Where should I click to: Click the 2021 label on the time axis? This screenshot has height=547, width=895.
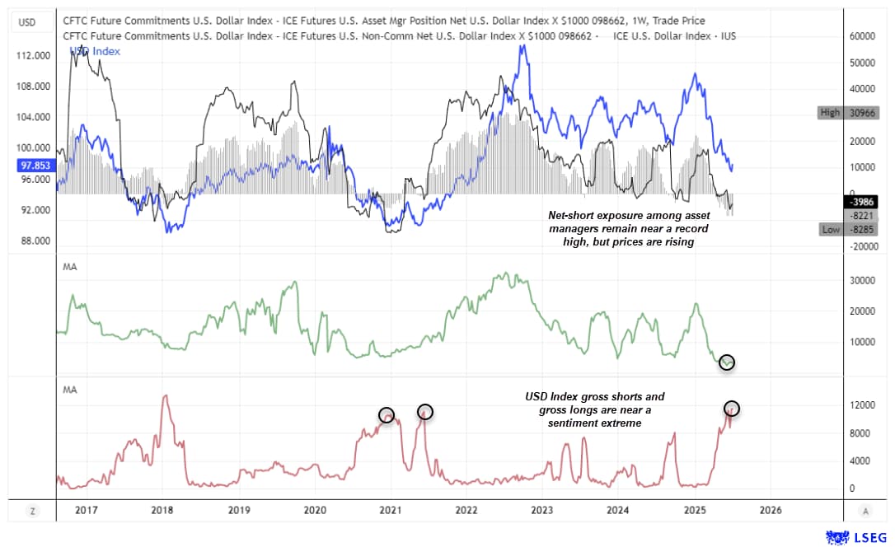click(390, 510)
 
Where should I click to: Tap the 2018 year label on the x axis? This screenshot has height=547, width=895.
click(163, 510)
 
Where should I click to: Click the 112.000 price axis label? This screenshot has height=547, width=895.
click(35, 55)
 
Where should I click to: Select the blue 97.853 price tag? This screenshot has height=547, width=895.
click(35, 165)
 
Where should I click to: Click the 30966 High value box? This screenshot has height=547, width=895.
click(860, 112)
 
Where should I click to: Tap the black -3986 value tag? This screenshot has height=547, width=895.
click(860, 202)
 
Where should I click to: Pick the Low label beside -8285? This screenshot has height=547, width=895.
click(830, 229)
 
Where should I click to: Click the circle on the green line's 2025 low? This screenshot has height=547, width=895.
click(726, 362)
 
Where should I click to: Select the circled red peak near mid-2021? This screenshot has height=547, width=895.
click(424, 411)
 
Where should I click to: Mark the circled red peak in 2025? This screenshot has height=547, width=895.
click(731, 408)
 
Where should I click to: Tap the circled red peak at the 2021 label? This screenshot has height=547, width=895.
click(387, 414)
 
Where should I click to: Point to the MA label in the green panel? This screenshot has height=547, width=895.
click(70, 267)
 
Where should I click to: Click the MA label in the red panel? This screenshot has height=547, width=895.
click(70, 390)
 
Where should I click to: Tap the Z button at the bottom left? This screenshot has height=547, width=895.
click(32, 511)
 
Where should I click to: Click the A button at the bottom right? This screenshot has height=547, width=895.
click(865, 511)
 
